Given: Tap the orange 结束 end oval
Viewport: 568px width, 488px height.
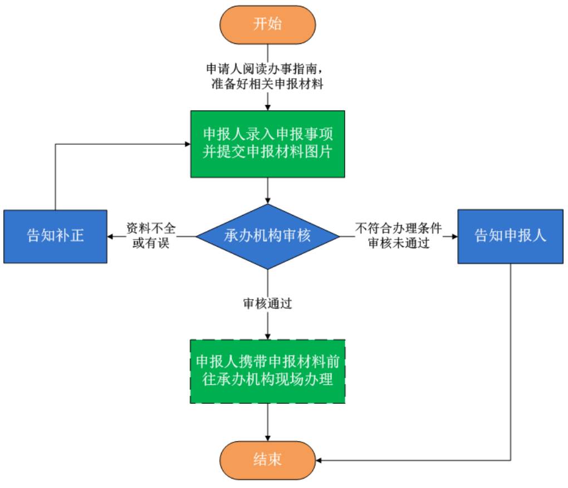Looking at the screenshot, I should [x=268, y=460].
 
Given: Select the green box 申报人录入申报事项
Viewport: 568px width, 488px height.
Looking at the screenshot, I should [x=268, y=144].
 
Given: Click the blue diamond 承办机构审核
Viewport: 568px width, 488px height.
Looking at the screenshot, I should [x=268, y=236].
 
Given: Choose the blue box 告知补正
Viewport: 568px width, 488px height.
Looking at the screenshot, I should [x=55, y=236].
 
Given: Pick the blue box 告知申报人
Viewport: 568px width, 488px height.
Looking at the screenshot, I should [x=510, y=236].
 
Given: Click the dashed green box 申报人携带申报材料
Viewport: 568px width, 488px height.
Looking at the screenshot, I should [x=268, y=372].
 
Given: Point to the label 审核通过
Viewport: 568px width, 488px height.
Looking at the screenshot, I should [x=268, y=304].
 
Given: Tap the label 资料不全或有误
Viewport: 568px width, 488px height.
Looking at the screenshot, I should [x=151, y=236].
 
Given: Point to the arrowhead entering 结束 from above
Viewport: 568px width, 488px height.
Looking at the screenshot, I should [x=268, y=438].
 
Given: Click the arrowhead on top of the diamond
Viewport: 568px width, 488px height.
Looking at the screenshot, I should [x=268, y=201].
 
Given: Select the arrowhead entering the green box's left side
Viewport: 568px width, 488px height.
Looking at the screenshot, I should [x=187, y=144].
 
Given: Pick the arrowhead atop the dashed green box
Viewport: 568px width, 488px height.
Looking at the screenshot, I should [x=268, y=336].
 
